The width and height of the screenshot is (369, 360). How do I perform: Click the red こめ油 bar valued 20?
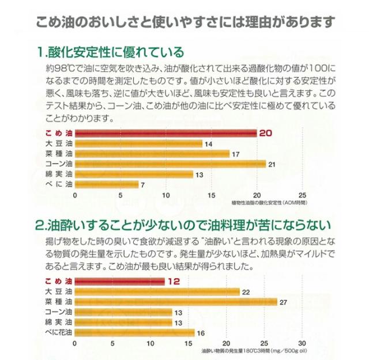pyautogui.click(x=166, y=133)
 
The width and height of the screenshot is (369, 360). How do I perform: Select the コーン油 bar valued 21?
pyautogui.click(x=171, y=164)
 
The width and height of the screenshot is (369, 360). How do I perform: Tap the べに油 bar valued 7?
pyautogui.click(x=107, y=184)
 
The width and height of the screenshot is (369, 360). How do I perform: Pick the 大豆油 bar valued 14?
pyautogui.click(x=138, y=143)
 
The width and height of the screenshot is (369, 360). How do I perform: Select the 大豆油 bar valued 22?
pyautogui.click(x=157, y=291)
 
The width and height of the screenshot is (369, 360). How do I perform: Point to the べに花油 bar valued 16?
pyautogui.click(x=135, y=332)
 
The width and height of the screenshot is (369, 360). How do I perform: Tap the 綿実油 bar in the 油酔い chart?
pyautogui.click(x=123, y=322)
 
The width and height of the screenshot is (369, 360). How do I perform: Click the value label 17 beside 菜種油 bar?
pyautogui.click(x=235, y=154)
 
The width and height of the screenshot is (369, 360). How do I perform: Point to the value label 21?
pyautogui.click(x=272, y=164)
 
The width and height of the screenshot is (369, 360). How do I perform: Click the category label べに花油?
pyautogui.click(x=58, y=332)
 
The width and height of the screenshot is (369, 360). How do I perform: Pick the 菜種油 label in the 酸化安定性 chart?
pyautogui.click(x=58, y=154)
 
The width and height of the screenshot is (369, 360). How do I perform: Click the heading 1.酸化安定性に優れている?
pyautogui.click(x=110, y=52)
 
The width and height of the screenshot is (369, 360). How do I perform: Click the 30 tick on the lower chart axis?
pyautogui.click(x=302, y=342)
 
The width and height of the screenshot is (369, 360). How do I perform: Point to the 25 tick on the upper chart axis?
pyautogui.click(x=303, y=194)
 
